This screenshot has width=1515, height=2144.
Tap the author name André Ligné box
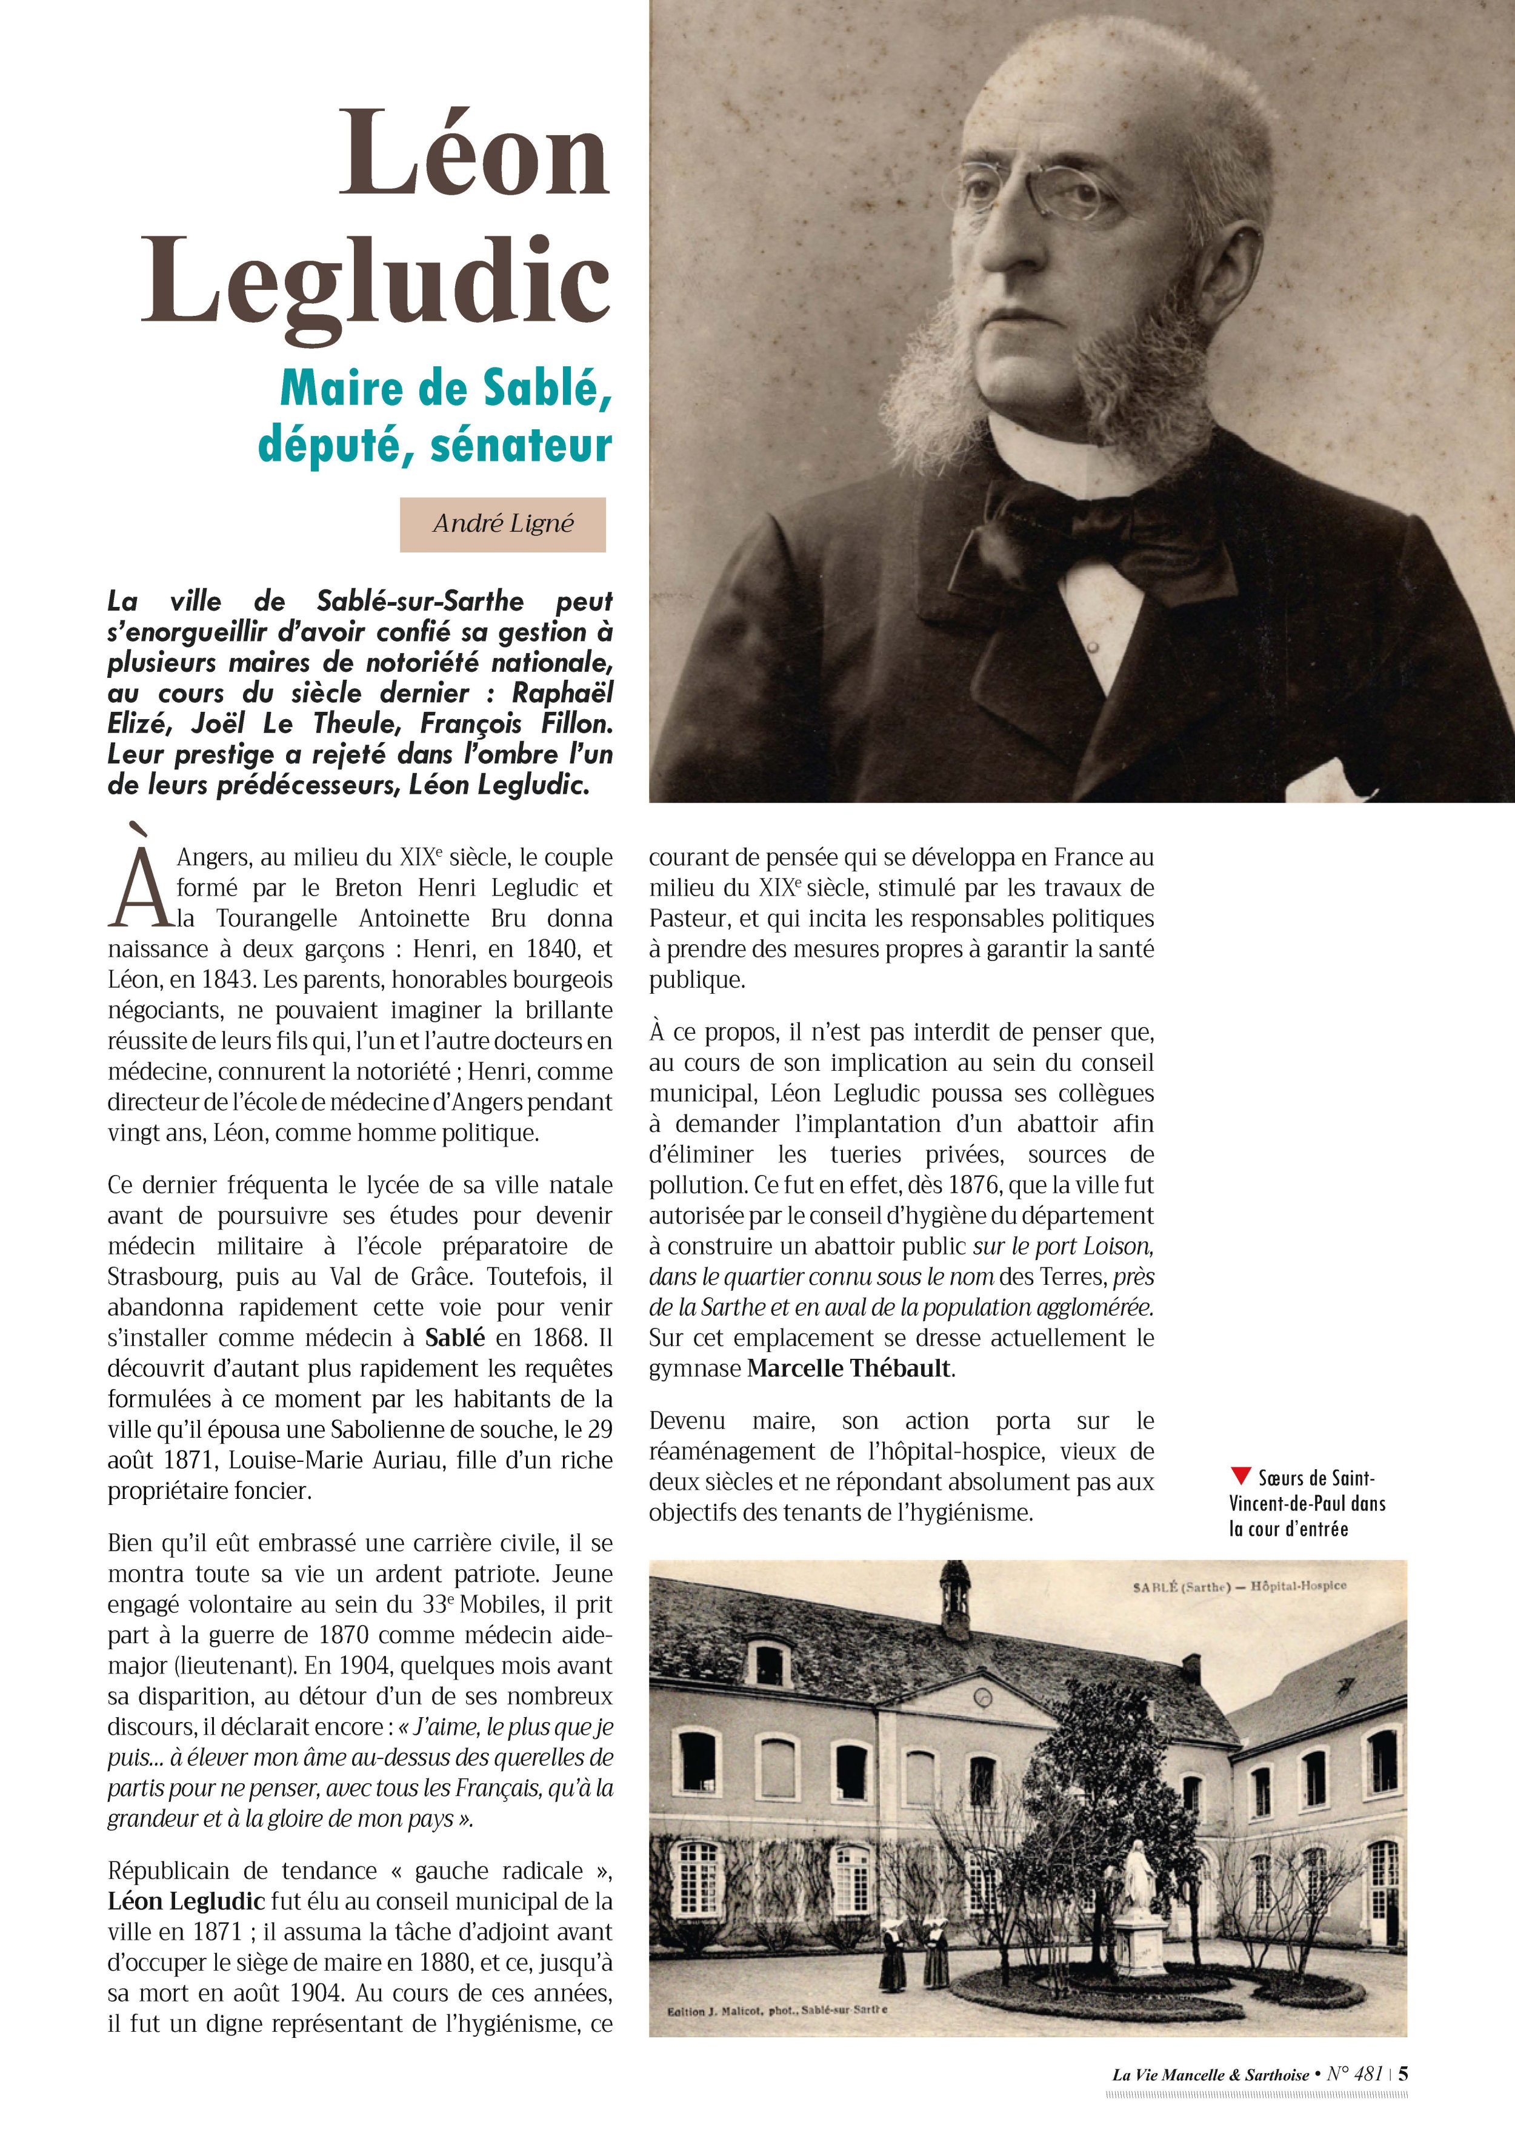pyautogui.click(x=503, y=524)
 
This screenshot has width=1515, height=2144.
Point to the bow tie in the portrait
pyautogui.click(x=1092, y=541)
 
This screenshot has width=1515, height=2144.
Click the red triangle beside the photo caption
pyautogui.click(x=1240, y=1476)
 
